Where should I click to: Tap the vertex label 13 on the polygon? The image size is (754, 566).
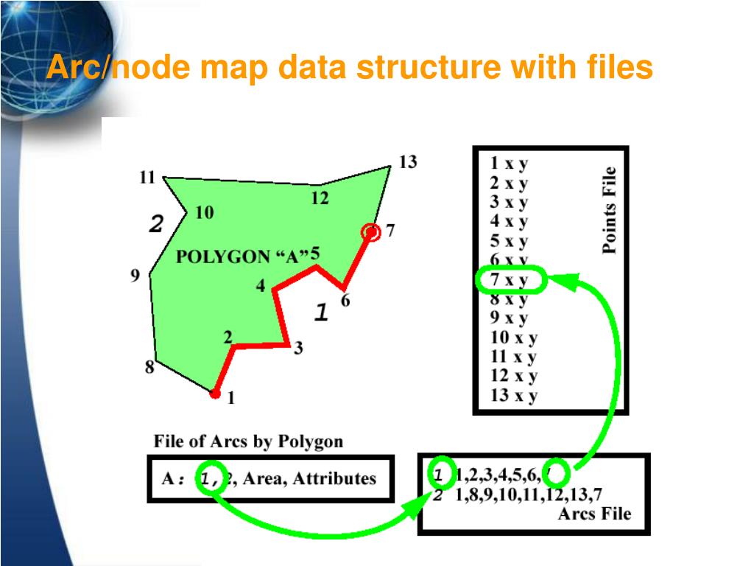pos(407,162)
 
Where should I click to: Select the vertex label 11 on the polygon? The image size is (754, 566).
pos(147,177)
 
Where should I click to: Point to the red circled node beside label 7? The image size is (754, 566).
pos(372,233)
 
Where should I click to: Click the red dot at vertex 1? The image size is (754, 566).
pos(215,394)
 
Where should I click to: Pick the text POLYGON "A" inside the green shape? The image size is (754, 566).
pos(242,257)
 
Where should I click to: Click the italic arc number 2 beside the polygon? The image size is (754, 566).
pos(155,224)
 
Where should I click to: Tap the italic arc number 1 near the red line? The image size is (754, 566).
pos(320,313)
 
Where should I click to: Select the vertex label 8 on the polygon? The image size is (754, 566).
pos(149,366)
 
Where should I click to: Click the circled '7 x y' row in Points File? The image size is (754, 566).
pos(510,280)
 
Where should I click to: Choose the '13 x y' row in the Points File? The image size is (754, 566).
pos(514,395)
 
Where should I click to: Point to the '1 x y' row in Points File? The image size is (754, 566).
pos(509,164)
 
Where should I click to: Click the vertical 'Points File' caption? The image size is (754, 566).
pos(609,210)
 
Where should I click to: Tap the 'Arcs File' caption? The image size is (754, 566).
pos(594,514)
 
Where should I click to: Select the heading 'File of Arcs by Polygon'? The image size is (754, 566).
pos(248,441)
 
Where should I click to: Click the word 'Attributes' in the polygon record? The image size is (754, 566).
pos(334,478)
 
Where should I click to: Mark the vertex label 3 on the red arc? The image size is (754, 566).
pos(297,349)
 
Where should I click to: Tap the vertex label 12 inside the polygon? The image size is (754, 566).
pos(320,198)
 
